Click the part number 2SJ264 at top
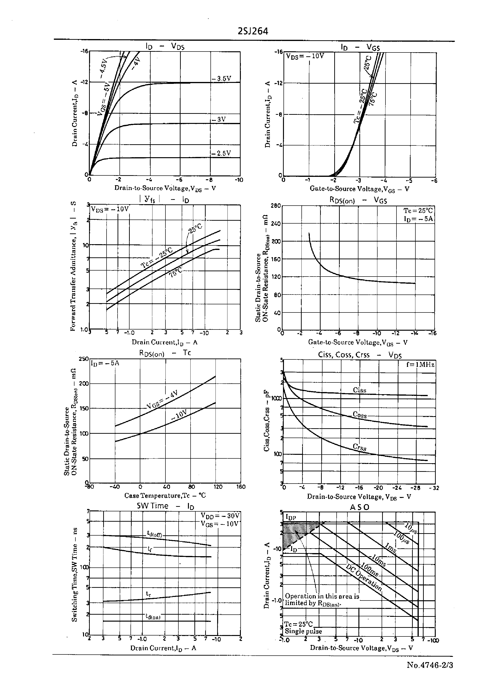(253, 31)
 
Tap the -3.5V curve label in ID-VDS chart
(221, 79)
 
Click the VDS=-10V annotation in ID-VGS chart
(305, 56)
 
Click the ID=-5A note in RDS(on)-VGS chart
(418, 219)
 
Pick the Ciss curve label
(359, 390)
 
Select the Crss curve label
(359, 447)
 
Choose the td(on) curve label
(153, 617)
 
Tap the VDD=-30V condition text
(220, 516)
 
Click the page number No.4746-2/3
(430, 665)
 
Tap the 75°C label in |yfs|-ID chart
(175, 272)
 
